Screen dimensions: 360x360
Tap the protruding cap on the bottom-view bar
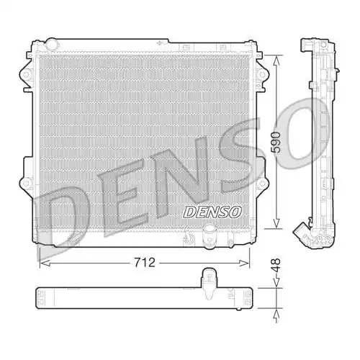click(x=209, y=277)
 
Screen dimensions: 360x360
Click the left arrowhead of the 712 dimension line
click(x=42, y=264)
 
